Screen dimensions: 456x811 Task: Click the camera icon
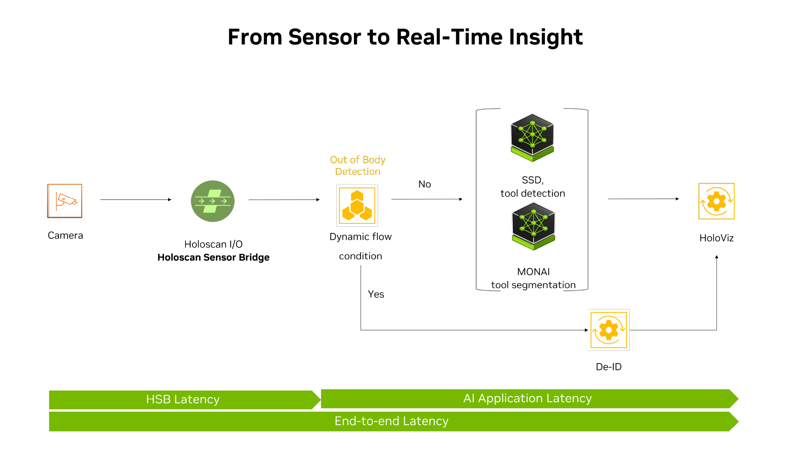coord(65,201)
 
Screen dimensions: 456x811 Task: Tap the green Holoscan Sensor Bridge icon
coord(212,201)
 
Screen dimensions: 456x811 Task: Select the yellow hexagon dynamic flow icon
coord(357,206)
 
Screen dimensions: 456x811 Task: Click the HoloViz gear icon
coord(716,201)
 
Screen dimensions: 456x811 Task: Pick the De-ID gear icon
coord(609,330)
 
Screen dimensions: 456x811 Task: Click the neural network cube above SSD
coord(532,137)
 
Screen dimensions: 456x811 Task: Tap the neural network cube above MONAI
coord(533,226)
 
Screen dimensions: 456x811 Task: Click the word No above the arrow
coord(425,184)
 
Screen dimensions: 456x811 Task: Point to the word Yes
coord(376,294)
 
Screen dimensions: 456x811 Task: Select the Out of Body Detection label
coord(358,166)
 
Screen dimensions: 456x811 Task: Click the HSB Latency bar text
coord(182,399)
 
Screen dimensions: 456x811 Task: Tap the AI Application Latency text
coord(527,398)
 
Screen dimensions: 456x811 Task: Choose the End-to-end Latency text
coord(391,421)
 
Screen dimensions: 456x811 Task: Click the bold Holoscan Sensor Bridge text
coord(213,258)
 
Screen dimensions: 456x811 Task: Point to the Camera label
coord(65,235)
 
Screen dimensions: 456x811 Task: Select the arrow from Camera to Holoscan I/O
coord(136,200)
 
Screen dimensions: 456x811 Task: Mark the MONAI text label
coord(533,271)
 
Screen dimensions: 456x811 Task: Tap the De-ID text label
coord(609,367)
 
